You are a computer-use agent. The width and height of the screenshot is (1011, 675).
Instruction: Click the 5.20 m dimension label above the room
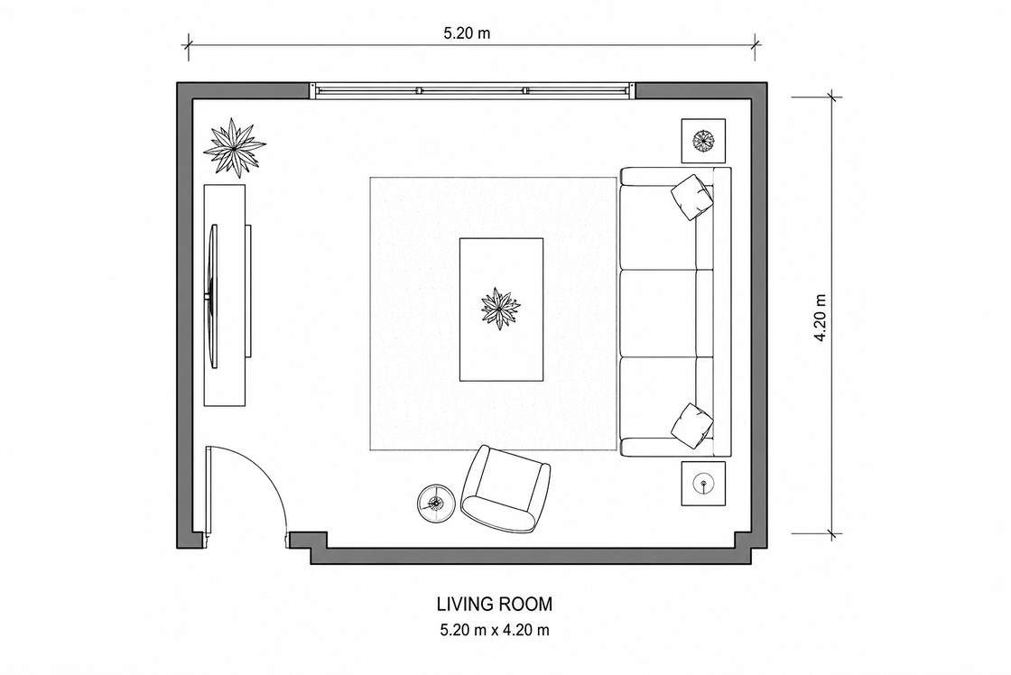[x=466, y=33]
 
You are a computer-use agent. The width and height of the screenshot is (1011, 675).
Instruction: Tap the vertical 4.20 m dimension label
[x=821, y=318]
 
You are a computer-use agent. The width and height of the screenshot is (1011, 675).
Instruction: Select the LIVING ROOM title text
[x=495, y=604]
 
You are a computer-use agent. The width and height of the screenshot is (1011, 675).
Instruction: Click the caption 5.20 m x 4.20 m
[x=495, y=630]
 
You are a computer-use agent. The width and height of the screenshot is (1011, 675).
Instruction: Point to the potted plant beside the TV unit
[x=234, y=148]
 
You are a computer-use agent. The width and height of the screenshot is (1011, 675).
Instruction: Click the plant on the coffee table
[x=500, y=309]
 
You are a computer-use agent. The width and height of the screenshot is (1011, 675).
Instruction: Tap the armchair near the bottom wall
[x=505, y=489]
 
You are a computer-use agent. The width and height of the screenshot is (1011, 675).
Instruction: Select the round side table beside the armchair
[x=436, y=503]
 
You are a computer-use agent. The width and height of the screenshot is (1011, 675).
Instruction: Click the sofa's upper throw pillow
[x=692, y=198]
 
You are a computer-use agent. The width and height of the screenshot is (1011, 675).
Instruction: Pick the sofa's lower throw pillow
[x=692, y=426]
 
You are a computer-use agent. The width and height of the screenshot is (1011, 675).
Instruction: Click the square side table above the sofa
[x=703, y=141]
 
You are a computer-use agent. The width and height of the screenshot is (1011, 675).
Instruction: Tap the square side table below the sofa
[x=703, y=484]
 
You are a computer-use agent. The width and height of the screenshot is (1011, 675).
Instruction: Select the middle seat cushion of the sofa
[x=658, y=313]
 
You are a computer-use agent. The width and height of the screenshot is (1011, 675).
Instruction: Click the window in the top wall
[x=472, y=90]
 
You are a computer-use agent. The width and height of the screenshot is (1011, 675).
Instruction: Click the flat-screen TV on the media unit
[x=213, y=297]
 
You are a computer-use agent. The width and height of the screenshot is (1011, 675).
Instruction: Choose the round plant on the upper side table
[x=703, y=140]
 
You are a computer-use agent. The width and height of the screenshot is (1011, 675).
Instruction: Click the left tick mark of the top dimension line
[x=189, y=44]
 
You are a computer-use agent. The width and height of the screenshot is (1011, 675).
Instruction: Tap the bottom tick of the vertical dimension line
[x=835, y=534]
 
